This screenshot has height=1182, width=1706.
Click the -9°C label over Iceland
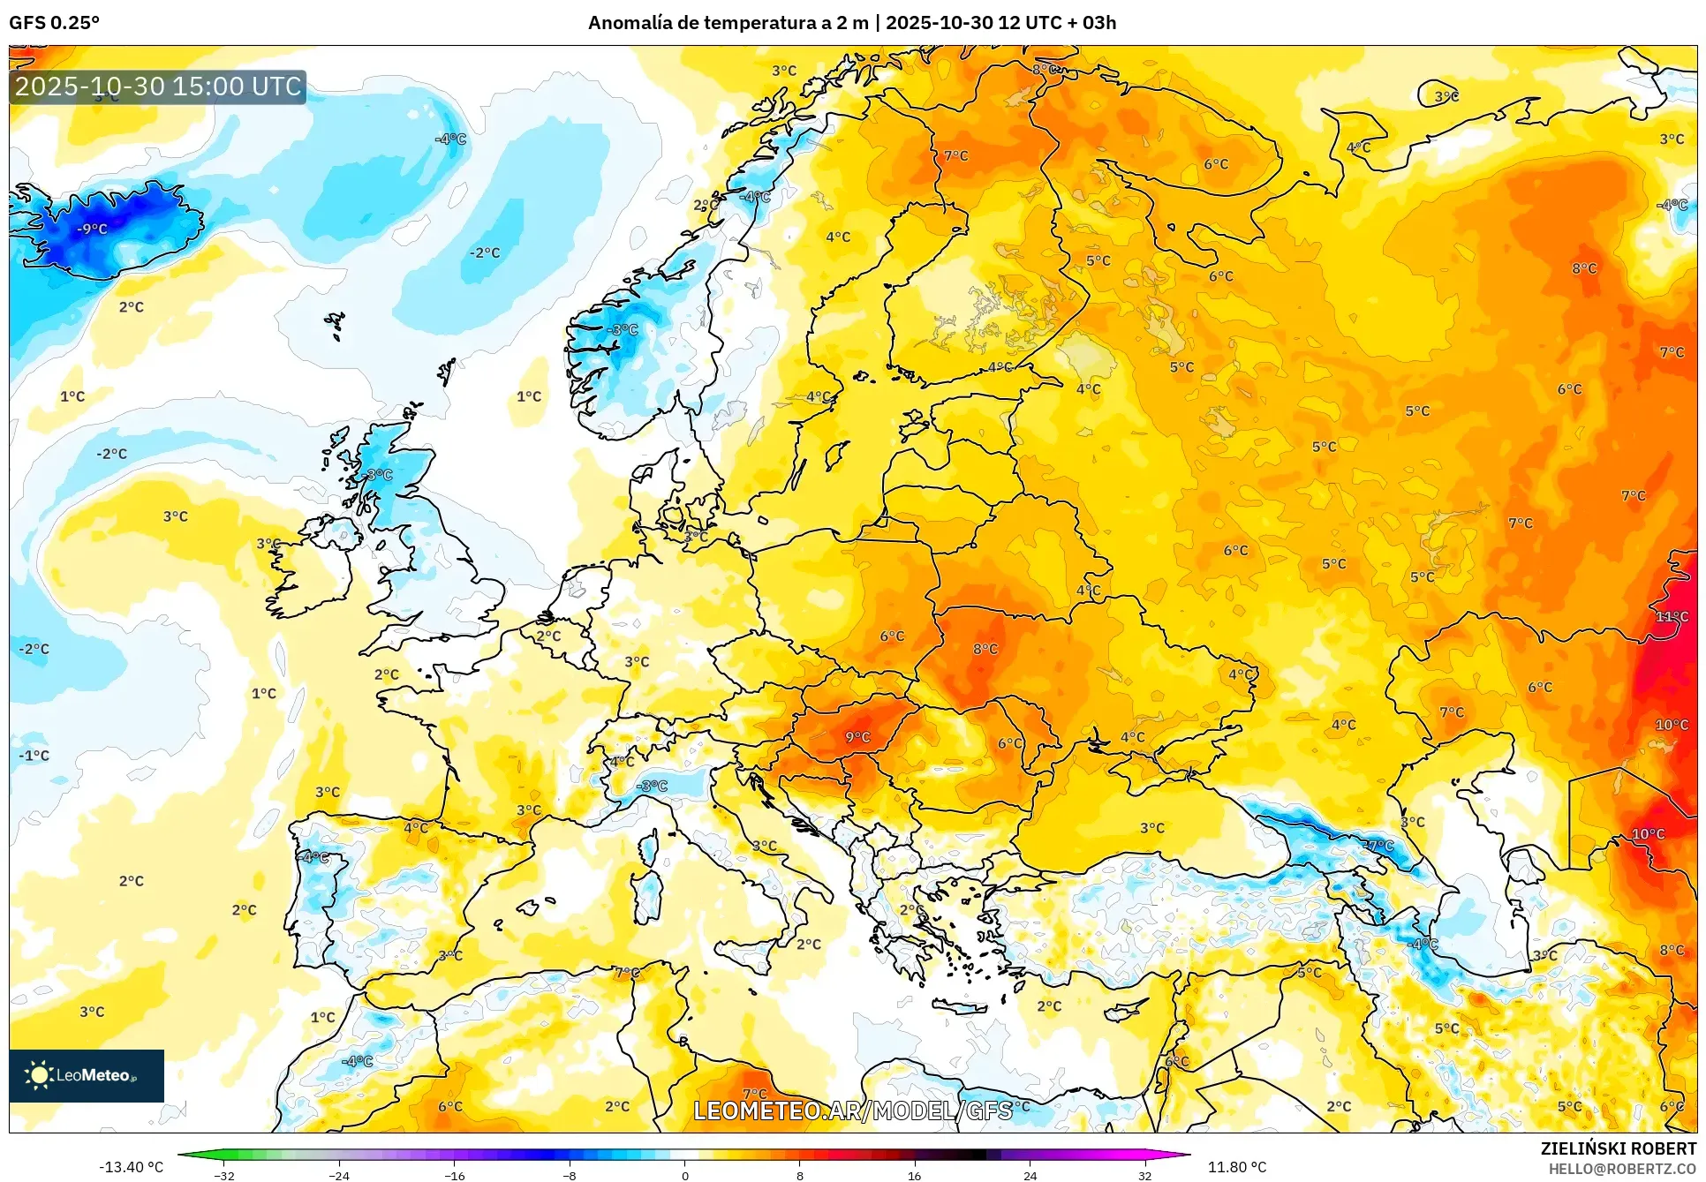[92, 229]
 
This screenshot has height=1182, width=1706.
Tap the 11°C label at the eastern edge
[1671, 616]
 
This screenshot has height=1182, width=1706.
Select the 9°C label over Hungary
[857, 737]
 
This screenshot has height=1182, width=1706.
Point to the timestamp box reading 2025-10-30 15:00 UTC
[158, 87]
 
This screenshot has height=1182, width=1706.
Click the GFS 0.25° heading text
[54, 23]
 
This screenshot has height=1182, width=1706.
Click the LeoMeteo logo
[86, 1075]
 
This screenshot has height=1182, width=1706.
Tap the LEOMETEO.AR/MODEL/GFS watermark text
[852, 1110]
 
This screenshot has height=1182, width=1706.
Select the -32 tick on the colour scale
[224, 1175]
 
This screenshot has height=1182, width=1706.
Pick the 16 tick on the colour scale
[914, 1175]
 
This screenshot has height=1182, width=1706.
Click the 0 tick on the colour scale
[684, 1175]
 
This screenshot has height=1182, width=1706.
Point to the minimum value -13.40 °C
[131, 1167]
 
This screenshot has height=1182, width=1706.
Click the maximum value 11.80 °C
[1236, 1167]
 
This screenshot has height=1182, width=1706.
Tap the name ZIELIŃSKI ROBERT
[1618, 1148]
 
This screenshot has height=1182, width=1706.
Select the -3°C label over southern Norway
[623, 329]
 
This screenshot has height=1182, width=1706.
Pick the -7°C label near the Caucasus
[1378, 846]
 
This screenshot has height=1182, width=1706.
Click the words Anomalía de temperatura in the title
[688, 23]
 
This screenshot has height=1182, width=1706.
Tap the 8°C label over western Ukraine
[985, 649]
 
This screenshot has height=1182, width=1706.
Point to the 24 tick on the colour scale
[1030, 1175]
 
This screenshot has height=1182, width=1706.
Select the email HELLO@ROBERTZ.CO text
[1622, 1169]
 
